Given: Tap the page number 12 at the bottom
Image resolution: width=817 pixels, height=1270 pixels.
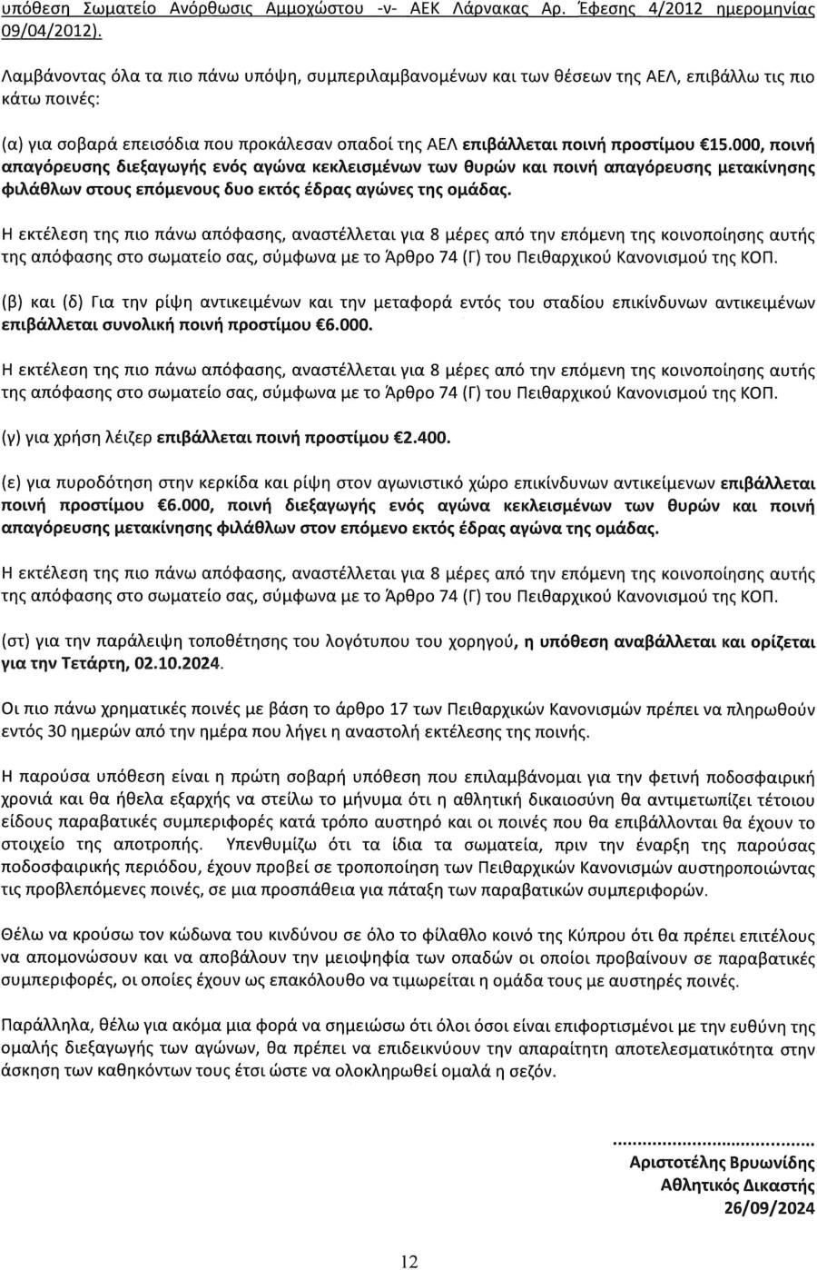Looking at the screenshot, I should coord(409,1260).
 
